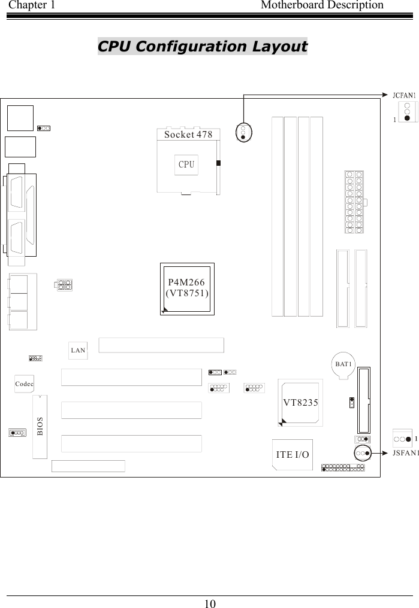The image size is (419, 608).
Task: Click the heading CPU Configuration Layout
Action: point(203,46)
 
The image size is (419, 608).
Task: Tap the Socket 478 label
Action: point(188,135)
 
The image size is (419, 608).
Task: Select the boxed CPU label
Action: point(187,165)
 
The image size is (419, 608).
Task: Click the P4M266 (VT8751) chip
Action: point(187,287)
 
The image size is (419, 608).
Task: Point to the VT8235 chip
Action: point(300,402)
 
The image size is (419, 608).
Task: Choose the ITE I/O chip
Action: point(293,455)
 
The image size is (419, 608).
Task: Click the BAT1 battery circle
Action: point(343,364)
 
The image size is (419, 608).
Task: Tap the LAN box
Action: point(78,349)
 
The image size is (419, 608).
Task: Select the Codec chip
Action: point(24,382)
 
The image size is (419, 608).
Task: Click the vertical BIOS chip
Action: point(40,426)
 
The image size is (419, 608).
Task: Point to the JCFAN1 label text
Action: point(405,95)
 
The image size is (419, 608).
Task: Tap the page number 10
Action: point(210,602)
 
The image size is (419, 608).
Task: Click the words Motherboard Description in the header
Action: point(322,5)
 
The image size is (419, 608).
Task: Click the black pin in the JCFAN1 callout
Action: point(407,118)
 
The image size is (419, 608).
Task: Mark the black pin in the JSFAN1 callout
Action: point(408,438)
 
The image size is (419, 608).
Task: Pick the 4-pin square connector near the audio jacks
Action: point(65,284)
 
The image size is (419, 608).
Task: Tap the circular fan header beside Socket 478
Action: point(243,132)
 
